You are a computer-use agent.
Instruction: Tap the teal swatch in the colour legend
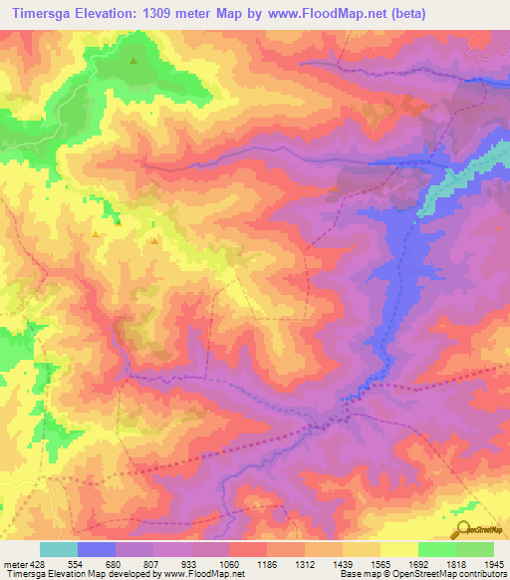(x=59, y=549)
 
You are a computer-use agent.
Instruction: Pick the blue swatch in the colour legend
(x=97, y=549)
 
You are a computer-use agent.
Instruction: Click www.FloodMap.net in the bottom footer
(x=200, y=574)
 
